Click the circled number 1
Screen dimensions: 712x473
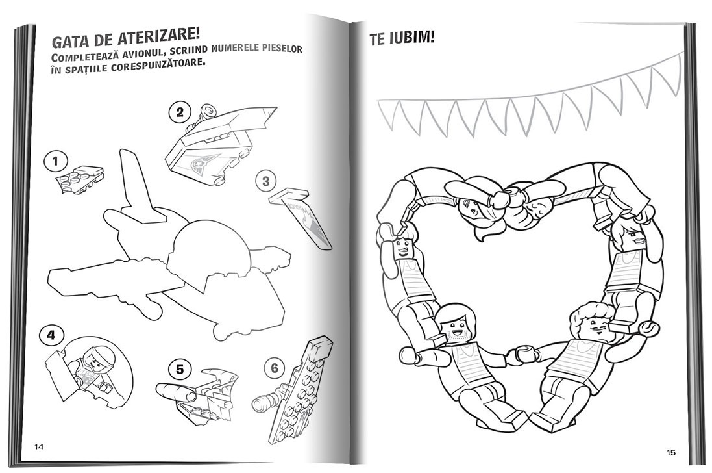click(56, 162)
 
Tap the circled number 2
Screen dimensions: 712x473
click(180, 112)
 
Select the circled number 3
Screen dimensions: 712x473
click(265, 182)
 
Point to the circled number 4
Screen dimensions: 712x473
click(51, 335)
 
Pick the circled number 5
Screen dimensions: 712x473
click(180, 370)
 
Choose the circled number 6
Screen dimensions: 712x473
click(275, 368)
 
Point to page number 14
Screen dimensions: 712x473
click(39, 446)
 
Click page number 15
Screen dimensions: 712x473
click(671, 452)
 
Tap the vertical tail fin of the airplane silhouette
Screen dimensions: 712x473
click(137, 186)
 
